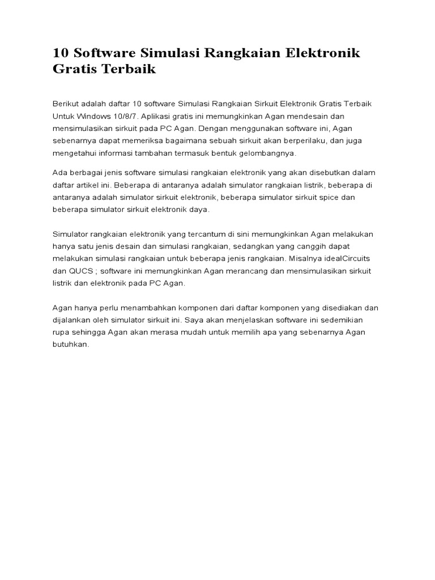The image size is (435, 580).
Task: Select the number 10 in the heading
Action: click(59, 54)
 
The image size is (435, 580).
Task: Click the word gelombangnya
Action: click(268, 153)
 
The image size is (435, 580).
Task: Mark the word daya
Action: click(199, 209)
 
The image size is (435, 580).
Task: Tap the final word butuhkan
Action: click(70, 344)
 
